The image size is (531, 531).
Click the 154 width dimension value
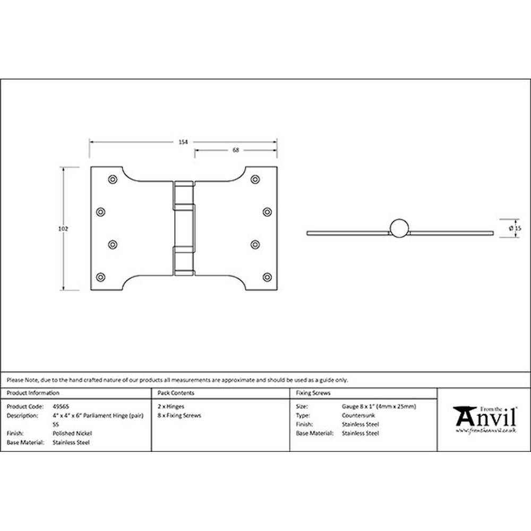pos(183,142)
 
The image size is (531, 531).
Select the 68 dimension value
pos(236,150)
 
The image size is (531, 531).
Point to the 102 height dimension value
pos(63,228)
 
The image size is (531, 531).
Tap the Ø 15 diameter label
pos(515,228)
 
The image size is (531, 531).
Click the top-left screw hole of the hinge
pos(113,179)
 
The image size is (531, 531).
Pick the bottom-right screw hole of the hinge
pos(267,277)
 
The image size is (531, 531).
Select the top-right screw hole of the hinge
pos(255,179)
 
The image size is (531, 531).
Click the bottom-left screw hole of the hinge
pos(100,277)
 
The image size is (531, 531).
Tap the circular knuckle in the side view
pos(399,228)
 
